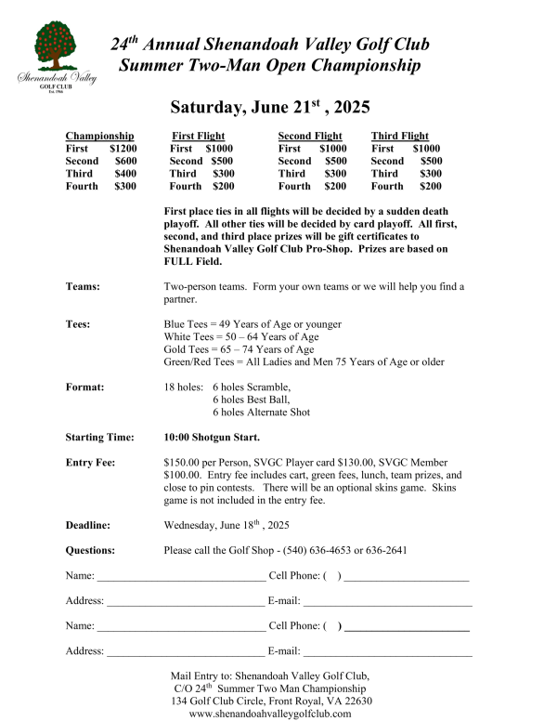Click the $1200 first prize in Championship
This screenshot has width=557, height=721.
pos(123,149)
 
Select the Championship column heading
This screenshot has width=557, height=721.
pos(99,136)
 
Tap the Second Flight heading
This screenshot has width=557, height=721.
pos(310,136)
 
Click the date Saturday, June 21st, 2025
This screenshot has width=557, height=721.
pos(269,107)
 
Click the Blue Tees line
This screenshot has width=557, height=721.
pos(253,324)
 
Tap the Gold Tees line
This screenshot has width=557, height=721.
pos(240,349)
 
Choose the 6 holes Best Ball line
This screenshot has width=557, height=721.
pos(253,400)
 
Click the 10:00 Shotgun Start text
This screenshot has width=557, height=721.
pos(212,437)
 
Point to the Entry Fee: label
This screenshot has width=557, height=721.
pos(90,462)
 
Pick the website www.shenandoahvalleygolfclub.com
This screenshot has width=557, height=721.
pos(270,714)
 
